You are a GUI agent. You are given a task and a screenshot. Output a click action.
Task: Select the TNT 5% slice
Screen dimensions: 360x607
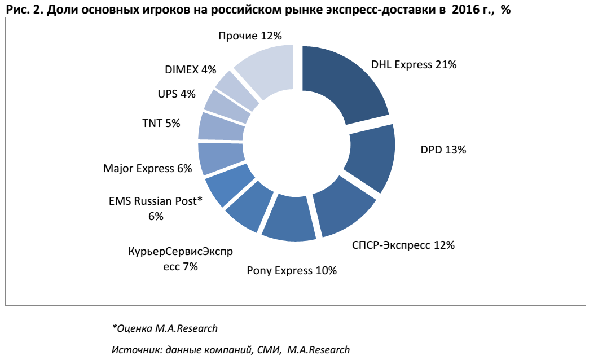pos(222,126)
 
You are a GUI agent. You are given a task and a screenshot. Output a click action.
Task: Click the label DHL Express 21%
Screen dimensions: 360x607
pos(414,65)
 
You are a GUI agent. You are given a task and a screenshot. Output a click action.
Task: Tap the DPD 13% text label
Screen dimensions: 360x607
pos(443,150)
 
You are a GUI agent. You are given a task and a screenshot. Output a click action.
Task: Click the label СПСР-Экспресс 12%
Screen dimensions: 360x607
pos(403,245)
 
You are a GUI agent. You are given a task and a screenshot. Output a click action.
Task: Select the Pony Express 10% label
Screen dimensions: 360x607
pos(292,271)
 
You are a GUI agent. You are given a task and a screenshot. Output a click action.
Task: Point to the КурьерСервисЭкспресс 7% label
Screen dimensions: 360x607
pos(180,259)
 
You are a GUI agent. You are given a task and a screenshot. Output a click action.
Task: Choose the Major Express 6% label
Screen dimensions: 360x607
pos(148,169)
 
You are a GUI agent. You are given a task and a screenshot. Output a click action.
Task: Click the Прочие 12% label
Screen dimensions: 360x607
pos(249,36)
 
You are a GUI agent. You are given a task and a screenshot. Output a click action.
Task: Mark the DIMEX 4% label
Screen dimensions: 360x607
pos(191,70)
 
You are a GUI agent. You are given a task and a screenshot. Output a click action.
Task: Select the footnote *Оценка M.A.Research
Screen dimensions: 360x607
pos(165,328)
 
